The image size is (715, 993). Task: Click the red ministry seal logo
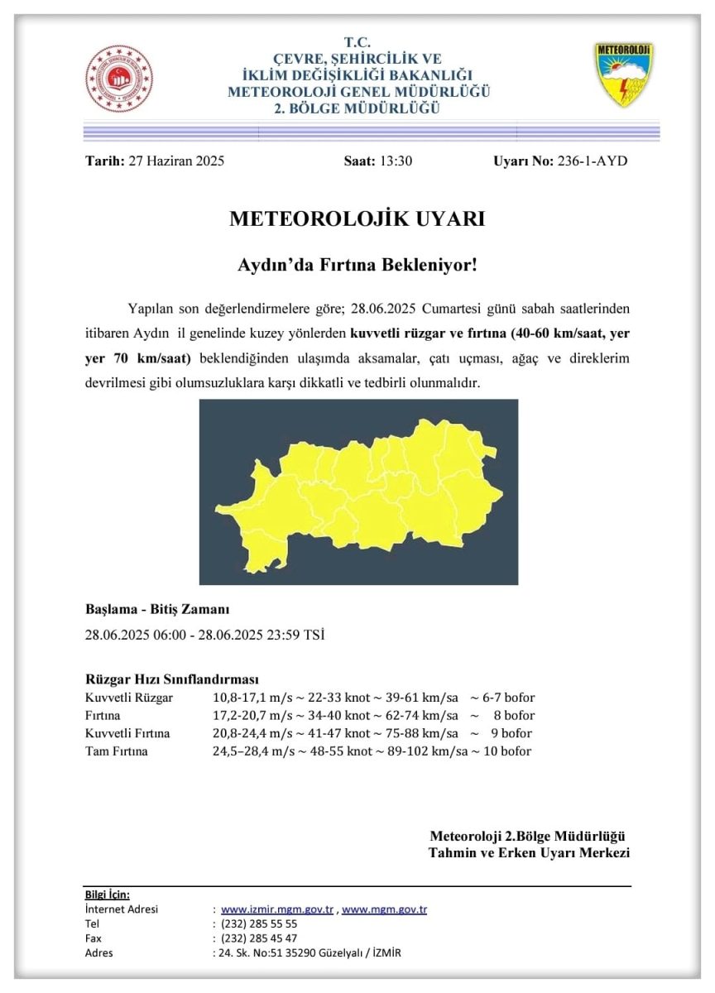click(119, 79)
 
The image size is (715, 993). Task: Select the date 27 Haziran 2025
click(176, 161)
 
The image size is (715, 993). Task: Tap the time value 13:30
click(395, 161)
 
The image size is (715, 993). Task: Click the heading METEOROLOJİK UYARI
click(357, 219)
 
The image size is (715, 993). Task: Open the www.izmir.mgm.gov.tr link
click(277, 909)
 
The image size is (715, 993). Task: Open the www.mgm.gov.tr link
click(385, 909)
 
